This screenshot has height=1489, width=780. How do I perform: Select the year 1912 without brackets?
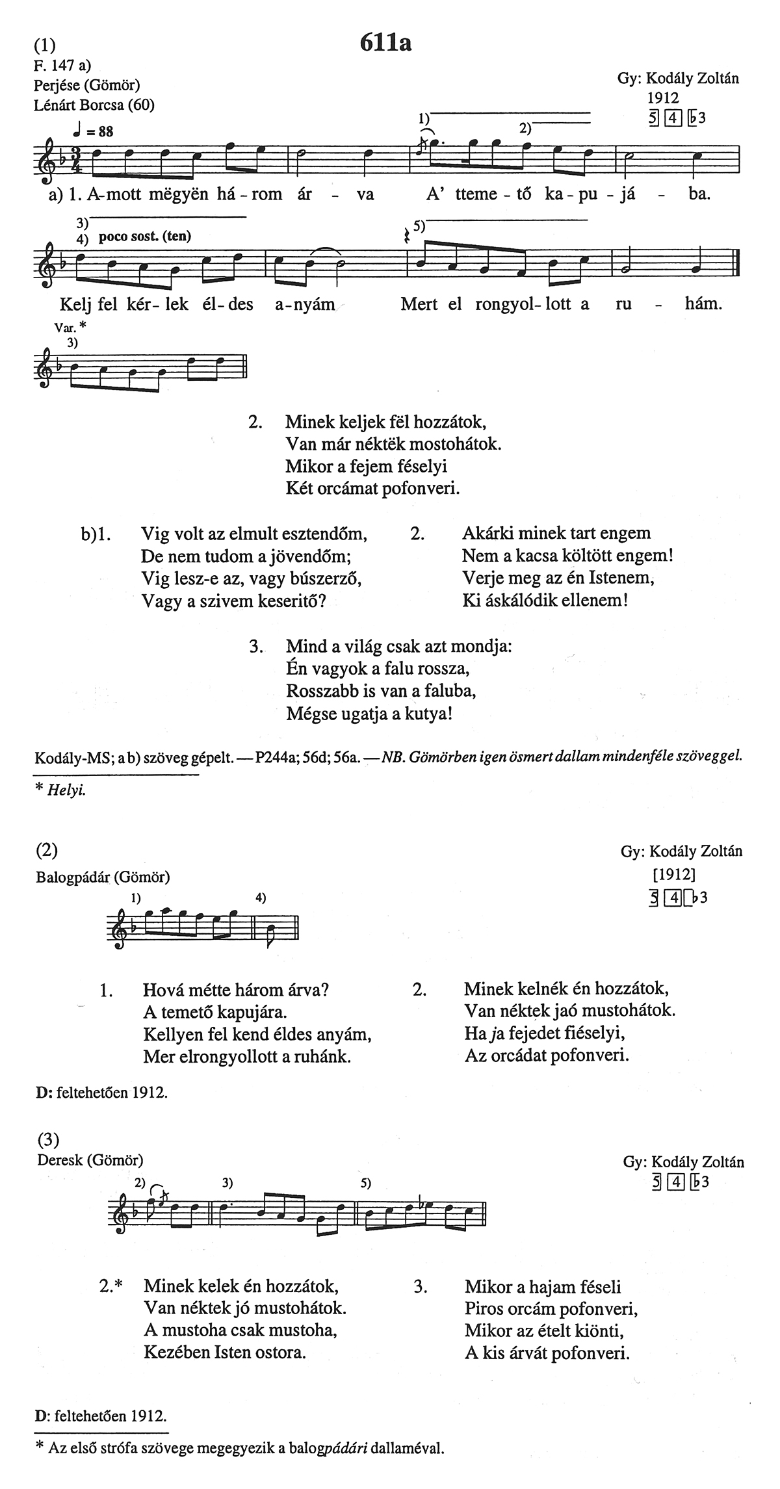click(x=662, y=98)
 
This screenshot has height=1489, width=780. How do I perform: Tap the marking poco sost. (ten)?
click(x=145, y=237)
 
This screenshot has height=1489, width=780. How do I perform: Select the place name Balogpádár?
click(x=75, y=877)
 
